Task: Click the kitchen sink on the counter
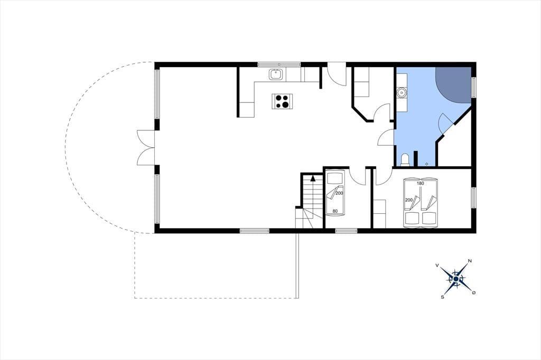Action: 276,74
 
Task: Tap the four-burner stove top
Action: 282,101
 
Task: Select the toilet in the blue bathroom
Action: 405,160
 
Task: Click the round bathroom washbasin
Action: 402,92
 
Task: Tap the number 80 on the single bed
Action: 334,211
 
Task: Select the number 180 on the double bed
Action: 420,184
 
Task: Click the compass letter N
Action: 470,261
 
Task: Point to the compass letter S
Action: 442,297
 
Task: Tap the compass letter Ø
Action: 474,292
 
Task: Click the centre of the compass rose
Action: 456,279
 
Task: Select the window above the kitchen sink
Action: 279,64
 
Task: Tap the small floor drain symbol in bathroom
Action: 427,164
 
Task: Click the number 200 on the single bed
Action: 340,193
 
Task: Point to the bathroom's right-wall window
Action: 474,88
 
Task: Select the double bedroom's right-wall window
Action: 474,197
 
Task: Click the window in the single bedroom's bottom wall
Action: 347,231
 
